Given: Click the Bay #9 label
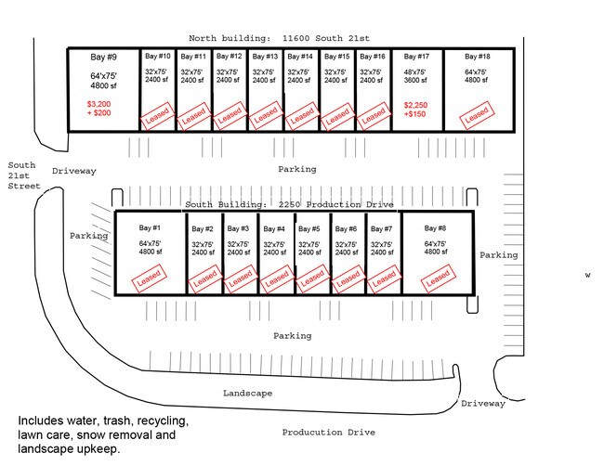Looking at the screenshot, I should pyautogui.click(x=103, y=58).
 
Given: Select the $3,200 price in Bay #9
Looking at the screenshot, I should pyautogui.click(x=98, y=104).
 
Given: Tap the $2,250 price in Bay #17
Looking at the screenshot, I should pyautogui.click(x=415, y=105).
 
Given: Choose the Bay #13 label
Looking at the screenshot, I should pyautogui.click(x=265, y=57).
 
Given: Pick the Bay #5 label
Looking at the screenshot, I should pyautogui.click(x=310, y=228).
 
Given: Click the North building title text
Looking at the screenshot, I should pyautogui.click(x=279, y=38).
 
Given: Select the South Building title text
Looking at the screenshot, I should pyautogui.click(x=289, y=204).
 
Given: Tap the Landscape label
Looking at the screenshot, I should pyautogui.click(x=247, y=394).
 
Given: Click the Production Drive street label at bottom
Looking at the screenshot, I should pyautogui.click(x=328, y=433).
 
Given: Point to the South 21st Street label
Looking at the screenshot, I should pyautogui.click(x=22, y=175).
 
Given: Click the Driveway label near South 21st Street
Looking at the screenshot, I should pyautogui.click(x=74, y=171).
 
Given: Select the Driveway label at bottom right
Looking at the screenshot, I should pyautogui.click(x=483, y=404).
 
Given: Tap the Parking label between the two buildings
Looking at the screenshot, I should pyautogui.click(x=296, y=170).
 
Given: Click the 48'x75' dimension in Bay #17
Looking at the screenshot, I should pyautogui.click(x=415, y=71).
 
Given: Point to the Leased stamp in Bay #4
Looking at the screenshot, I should pyautogui.click(x=274, y=277).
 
